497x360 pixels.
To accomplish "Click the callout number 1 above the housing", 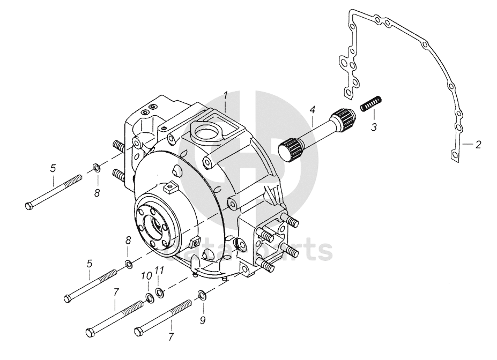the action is (226, 95).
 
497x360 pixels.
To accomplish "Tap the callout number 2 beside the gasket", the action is (478, 144).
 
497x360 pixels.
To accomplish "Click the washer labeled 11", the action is (159, 292).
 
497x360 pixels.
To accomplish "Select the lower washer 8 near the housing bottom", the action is (129, 264).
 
